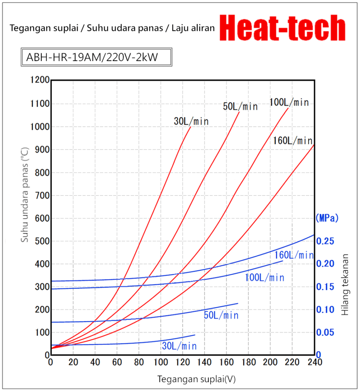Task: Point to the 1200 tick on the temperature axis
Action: pyautogui.click(x=40, y=80)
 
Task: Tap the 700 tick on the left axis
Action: pyautogui.click(x=42, y=195)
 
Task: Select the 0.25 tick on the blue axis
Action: pyautogui.click(x=327, y=241)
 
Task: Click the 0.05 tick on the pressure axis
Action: pyautogui.click(x=327, y=332)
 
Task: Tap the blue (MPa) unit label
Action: pyautogui.click(x=327, y=218)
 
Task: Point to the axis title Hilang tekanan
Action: pyautogui.click(x=345, y=284)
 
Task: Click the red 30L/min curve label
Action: pyautogui.click(x=191, y=121)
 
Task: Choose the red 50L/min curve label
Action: pyautogui.click(x=240, y=107)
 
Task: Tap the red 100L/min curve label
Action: pyautogui.click(x=289, y=102)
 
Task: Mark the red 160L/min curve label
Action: pyautogui.click(x=293, y=141)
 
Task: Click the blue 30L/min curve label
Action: pyautogui.click(x=179, y=346)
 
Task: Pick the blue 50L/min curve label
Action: pyautogui.click(x=221, y=315)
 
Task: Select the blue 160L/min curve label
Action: pyautogui.click(x=294, y=255)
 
